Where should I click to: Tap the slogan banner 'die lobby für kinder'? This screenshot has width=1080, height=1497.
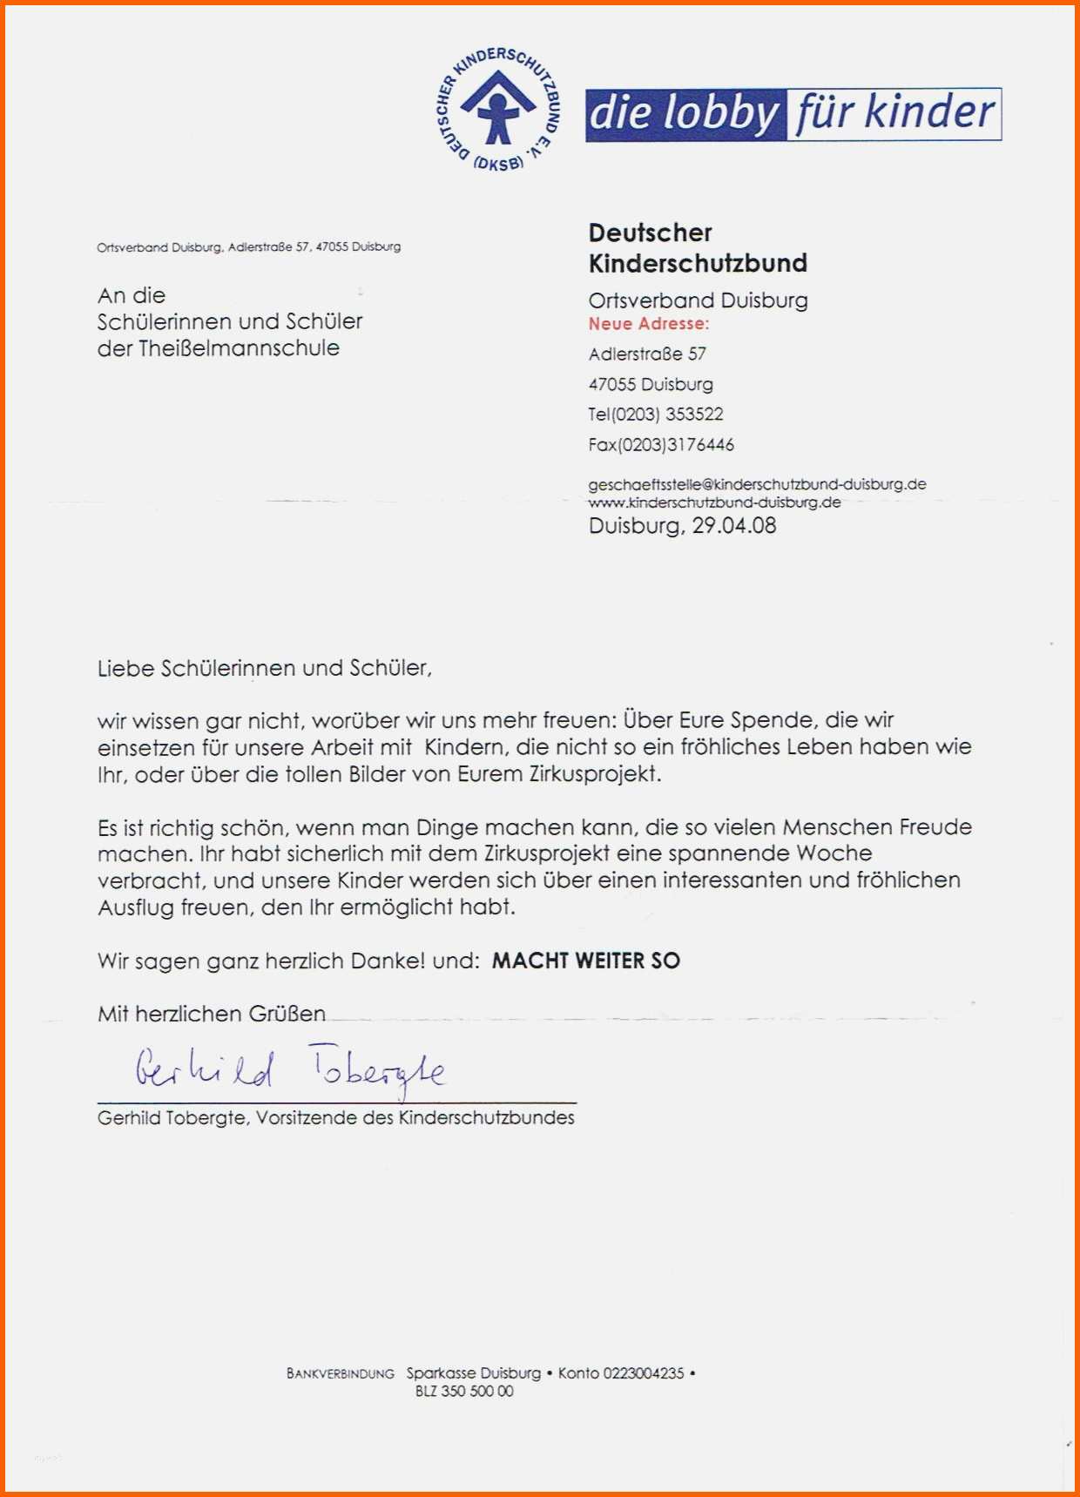pyautogui.click(x=793, y=114)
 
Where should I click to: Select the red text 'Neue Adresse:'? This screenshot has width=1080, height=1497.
pyautogui.click(x=649, y=324)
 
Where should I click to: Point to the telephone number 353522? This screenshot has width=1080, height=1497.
pyautogui.click(x=694, y=415)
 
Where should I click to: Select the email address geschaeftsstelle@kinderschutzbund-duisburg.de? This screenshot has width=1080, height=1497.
pyautogui.click(x=757, y=484)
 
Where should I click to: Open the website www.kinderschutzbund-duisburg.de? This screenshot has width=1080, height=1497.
pyautogui.click(x=714, y=502)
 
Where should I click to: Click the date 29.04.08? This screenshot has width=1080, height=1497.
pyautogui.click(x=733, y=526)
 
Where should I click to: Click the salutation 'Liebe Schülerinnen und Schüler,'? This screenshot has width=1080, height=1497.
pyautogui.click(x=265, y=669)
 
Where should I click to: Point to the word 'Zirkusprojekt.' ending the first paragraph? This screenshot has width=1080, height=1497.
pyautogui.click(x=595, y=774)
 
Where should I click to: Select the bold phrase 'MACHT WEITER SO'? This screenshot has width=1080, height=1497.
pyautogui.click(x=585, y=961)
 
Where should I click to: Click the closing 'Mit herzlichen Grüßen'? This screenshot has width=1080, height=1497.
pyautogui.click(x=212, y=1015)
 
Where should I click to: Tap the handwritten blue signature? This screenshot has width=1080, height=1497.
pyautogui.click(x=290, y=1070)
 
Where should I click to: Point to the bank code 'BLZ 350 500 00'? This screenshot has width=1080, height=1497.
pyautogui.click(x=464, y=1392)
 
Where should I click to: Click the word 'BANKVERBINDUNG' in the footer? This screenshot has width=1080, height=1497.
pyautogui.click(x=341, y=1374)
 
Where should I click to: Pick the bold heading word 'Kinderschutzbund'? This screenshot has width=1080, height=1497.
pyautogui.click(x=698, y=263)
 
